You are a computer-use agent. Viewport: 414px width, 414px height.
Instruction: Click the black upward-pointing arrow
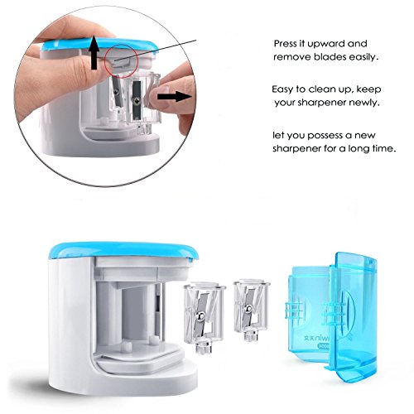point(94,53)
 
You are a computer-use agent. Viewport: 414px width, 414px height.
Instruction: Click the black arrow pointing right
point(174,97)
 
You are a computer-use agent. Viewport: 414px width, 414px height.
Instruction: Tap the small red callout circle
point(121,60)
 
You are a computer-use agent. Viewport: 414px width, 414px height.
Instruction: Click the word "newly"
point(364,103)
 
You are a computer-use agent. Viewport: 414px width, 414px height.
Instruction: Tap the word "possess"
point(325,136)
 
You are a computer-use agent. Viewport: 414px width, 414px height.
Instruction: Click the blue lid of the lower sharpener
point(123,250)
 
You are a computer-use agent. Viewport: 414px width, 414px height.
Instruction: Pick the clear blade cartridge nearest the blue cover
point(251,310)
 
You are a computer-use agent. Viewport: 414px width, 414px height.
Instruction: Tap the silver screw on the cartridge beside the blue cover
point(248,308)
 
